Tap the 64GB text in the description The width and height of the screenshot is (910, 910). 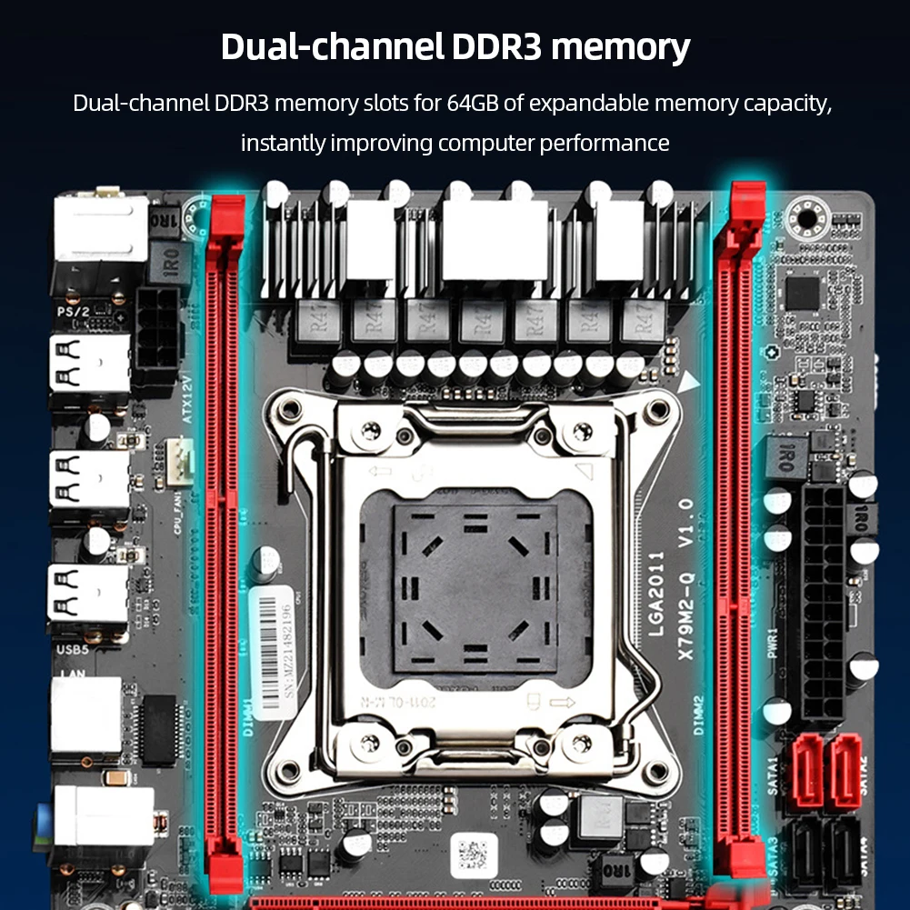point(471,103)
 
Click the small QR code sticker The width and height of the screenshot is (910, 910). point(474,855)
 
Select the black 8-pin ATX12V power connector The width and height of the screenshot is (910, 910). point(156,327)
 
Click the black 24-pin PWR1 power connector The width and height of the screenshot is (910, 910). point(824,600)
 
